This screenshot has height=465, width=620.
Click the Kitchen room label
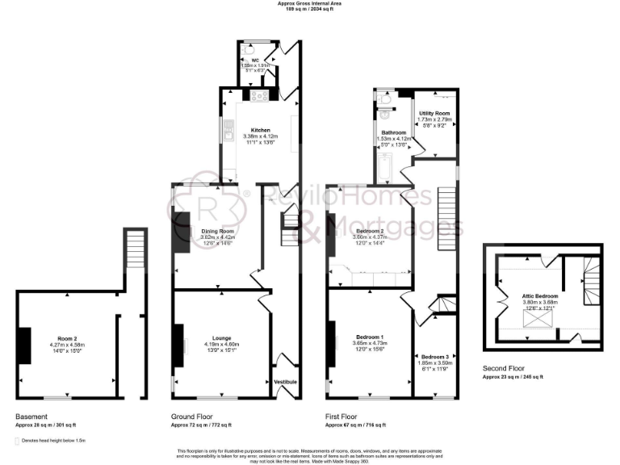coord(260,130)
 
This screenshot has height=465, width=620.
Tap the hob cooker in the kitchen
coord(260,95)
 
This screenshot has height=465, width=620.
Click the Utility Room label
coord(434,114)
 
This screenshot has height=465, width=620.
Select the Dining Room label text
coord(217,231)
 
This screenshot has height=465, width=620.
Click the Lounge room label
coord(221,338)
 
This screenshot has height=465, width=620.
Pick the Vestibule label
coord(286,380)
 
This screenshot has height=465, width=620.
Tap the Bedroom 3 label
coord(434,356)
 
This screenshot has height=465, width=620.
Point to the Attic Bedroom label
coord(540,296)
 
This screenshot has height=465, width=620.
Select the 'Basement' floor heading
coord(30,417)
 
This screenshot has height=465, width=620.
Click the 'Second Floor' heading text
coord(505,370)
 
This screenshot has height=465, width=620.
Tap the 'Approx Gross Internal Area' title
coord(310,4)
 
